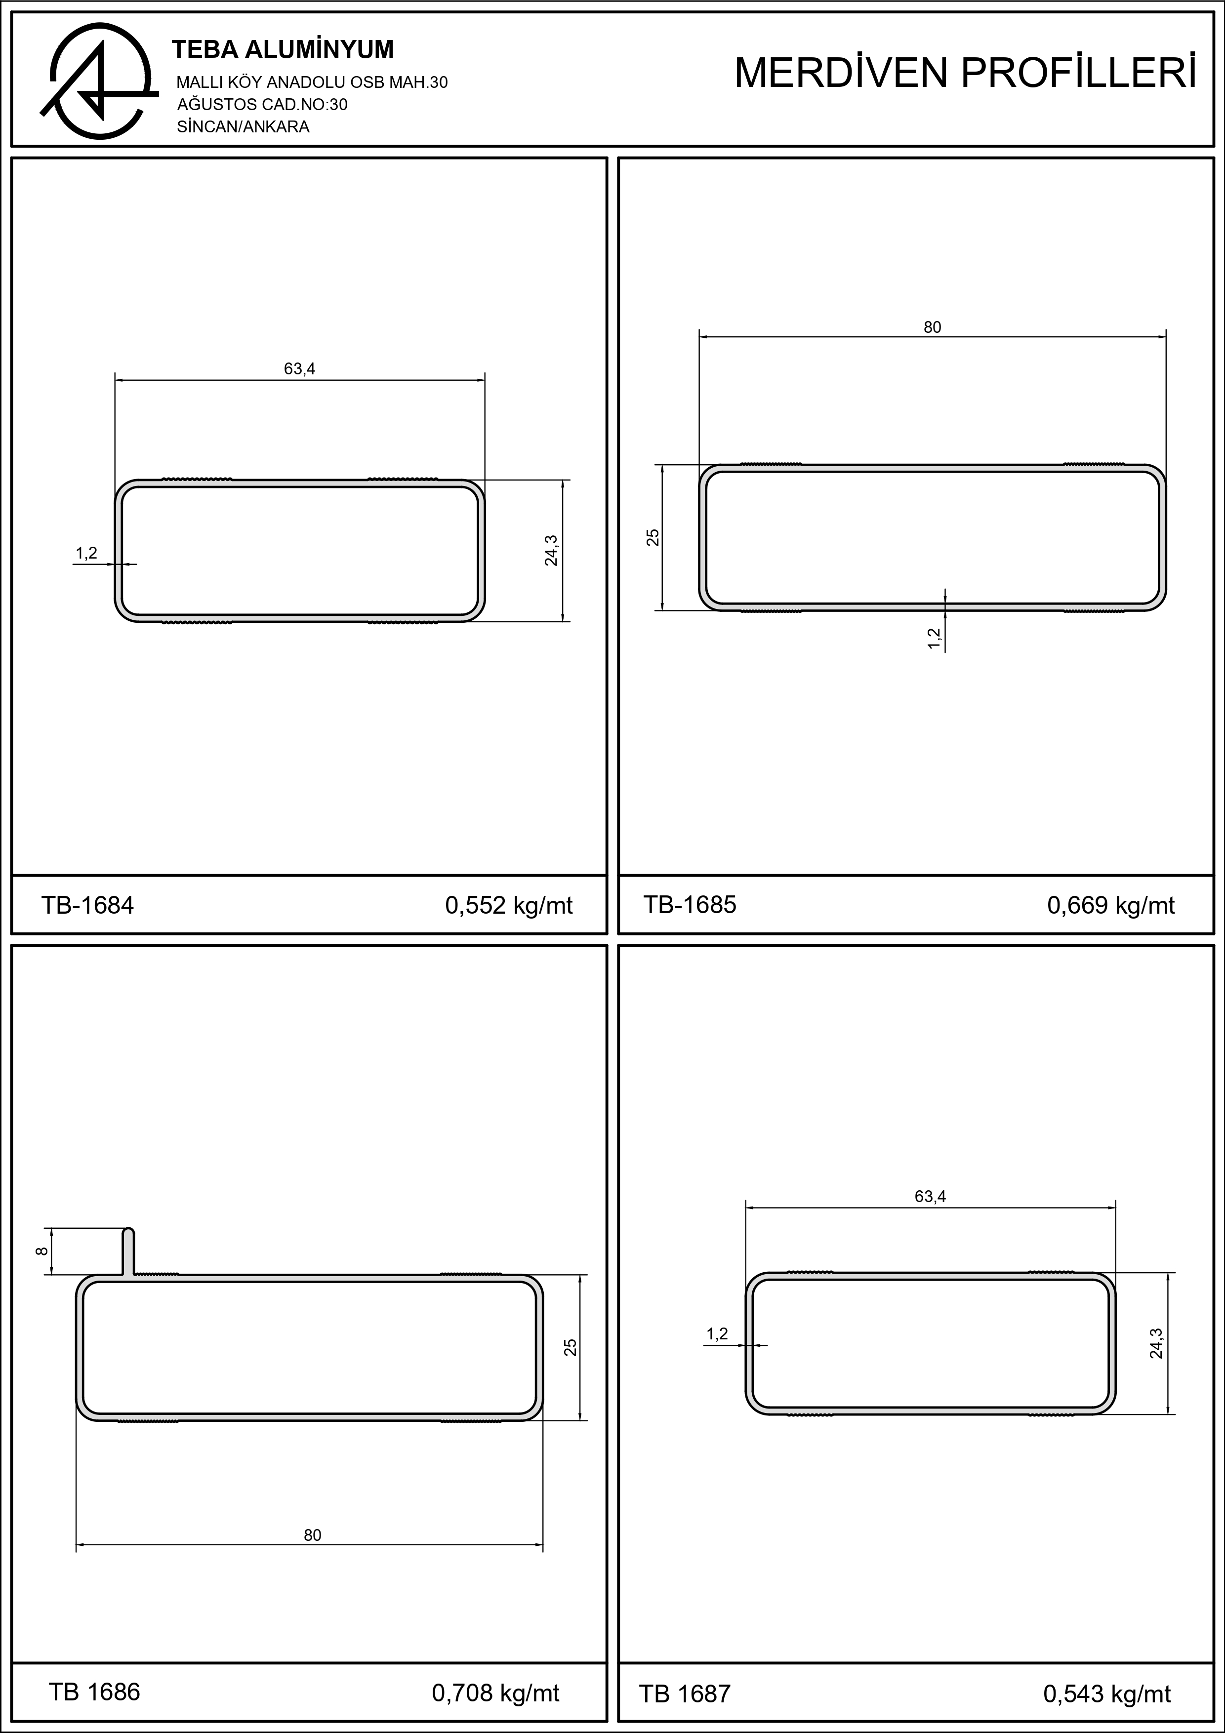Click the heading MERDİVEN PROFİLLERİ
pos(965,73)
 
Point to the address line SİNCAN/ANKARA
pos(243,127)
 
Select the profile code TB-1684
pos(87,905)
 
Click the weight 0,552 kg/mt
pos(509,905)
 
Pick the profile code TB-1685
pos(690,904)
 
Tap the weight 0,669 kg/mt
pos(1111,905)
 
